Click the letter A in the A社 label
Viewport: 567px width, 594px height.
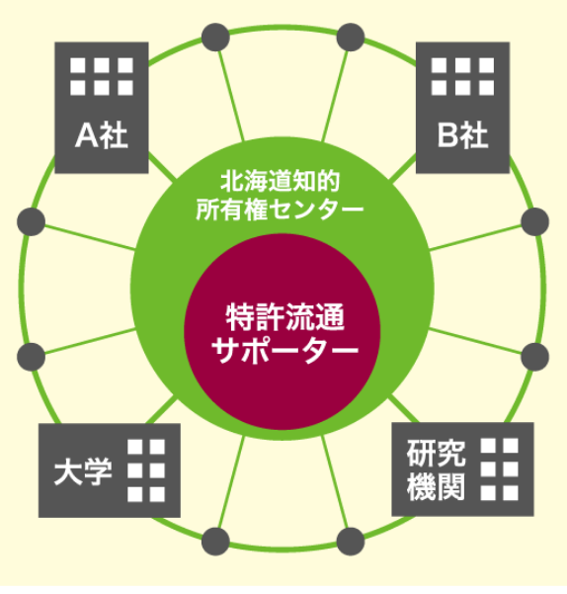pyautogui.click(x=87, y=135)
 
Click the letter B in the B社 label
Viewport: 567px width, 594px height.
pyautogui.click(x=447, y=135)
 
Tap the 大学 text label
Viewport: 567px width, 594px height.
pyautogui.click(x=83, y=472)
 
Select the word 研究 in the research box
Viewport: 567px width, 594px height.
pyautogui.click(x=436, y=453)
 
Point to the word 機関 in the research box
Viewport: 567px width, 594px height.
pyautogui.click(x=436, y=487)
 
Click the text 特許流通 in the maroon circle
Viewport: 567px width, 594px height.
pyautogui.click(x=285, y=317)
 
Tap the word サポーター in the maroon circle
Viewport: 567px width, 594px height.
pyautogui.click(x=285, y=350)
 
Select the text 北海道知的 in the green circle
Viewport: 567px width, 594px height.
pyautogui.click(x=281, y=182)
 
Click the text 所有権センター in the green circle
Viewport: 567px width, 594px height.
pyautogui.click(x=280, y=209)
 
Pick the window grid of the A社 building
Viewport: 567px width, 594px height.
pyautogui.click(x=102, y=76)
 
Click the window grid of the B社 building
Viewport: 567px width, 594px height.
pyautogui.click(x=462, y=76)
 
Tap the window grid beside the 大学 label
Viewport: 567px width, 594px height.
pyautogui.click(x=146, y=470)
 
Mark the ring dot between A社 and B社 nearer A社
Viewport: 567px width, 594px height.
pyautogui.click(x=215, y=38)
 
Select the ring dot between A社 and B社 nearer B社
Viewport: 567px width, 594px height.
pyautogui.click(x=351, y=38)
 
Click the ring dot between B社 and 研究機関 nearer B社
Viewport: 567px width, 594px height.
pyautogui.click(x=534, y=221)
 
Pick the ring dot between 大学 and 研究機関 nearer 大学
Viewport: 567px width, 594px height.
pyautogui.click(x=215, y=542)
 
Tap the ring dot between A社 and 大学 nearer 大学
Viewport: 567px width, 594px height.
pyautogui.click(x=31, y=357)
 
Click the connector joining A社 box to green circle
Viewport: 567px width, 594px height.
pyautogui.click(x=162, y=167)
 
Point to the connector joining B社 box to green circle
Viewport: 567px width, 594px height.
pyautogui.click(x=403, y=168)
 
